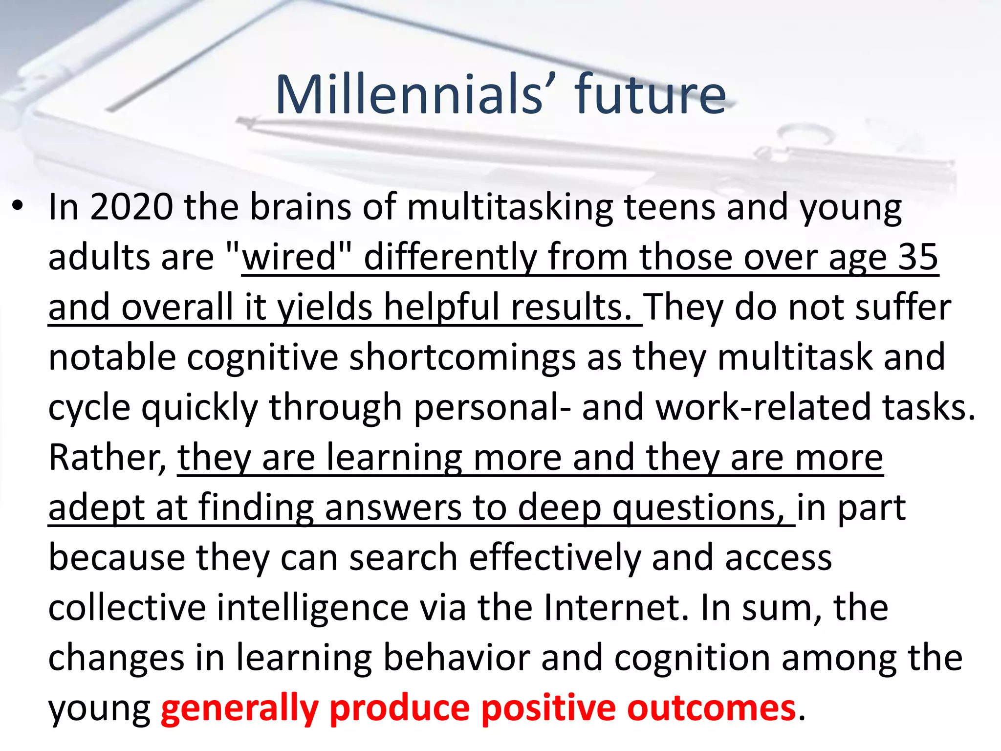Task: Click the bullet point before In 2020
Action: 18,206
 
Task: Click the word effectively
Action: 554,558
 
